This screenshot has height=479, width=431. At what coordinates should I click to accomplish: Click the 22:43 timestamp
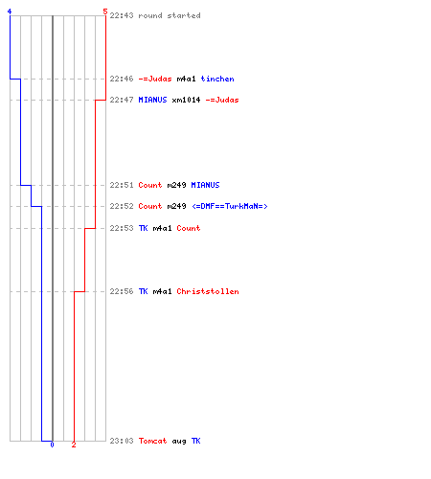(122, 15)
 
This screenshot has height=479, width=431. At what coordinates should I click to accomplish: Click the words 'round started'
(170, 15)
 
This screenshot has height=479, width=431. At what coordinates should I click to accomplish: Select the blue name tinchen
(217, 79)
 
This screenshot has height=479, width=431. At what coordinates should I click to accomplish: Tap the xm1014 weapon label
(186, 100)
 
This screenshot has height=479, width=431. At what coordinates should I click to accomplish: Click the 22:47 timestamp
(122, 100)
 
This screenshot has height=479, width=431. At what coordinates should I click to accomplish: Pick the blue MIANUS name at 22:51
(205, 185)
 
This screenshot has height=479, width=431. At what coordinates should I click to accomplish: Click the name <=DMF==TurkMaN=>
(230, 206)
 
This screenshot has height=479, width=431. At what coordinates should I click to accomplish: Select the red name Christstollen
(208, 291)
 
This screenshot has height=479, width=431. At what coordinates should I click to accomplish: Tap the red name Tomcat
(152, 441)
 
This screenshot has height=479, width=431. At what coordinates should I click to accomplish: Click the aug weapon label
(179, 442)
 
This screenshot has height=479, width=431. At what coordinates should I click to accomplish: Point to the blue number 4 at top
(10, 11)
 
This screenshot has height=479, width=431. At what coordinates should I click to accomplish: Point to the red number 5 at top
(105, 11)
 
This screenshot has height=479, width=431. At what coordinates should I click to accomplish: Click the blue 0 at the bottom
(52, 445)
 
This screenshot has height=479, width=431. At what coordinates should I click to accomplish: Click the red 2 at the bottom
(74, 445)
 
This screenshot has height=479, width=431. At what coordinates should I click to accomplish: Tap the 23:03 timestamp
(122, 441)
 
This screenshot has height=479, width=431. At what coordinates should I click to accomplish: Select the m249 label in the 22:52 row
(176, 206)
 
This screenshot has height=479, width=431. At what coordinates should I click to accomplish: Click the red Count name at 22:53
(189, 228)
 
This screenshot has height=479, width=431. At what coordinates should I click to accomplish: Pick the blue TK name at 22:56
(143, 291)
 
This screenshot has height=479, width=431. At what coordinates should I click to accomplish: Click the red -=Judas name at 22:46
(155, 79)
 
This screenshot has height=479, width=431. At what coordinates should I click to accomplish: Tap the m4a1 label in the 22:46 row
(186, 79)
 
